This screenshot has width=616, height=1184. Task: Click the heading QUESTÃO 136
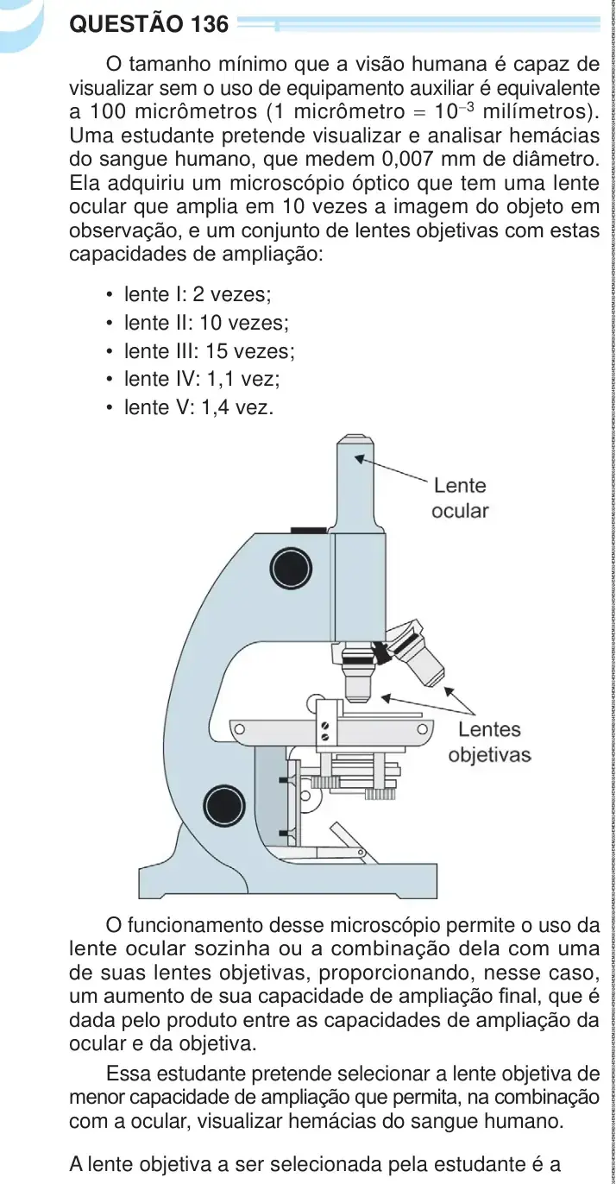(149, 24)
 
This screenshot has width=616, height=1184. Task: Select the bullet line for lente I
(189, 294)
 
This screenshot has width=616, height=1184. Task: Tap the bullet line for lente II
(197, 323)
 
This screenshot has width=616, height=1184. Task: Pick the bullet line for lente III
(200, 351)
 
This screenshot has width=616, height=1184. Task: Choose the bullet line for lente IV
(192, 379)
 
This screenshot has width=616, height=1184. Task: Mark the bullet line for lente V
(190, 407)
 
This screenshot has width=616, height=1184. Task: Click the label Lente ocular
(460, 498)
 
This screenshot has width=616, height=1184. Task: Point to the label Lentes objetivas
(490, 742)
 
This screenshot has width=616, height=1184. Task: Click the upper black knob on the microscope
(291, 569)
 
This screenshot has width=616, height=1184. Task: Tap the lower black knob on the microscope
(224, 807)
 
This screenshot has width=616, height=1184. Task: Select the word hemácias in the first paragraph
(555, 135)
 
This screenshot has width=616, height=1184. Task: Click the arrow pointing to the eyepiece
(392, 468)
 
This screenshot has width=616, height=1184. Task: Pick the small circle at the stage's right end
(422, 729)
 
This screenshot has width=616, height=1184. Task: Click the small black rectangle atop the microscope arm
(308, 530)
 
